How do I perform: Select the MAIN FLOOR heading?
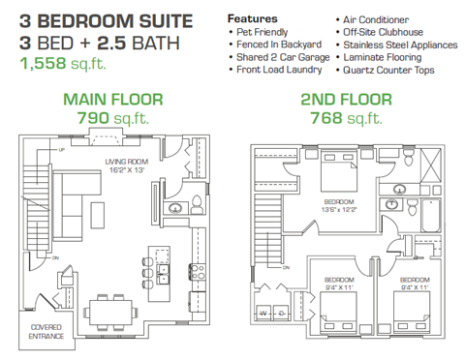(107, 99)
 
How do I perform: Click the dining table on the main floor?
(112, 310)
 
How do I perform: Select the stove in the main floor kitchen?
(199, 272)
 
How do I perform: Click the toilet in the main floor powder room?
(198, 205)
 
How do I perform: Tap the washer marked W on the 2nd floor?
(263, 315)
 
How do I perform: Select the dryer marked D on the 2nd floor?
(279, 315)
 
